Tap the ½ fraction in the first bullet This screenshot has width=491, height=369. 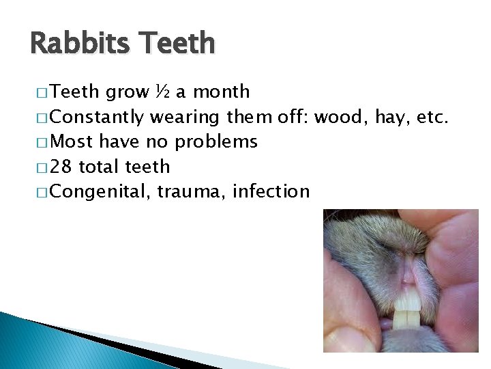[163, 92]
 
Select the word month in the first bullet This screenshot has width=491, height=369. [222, 92]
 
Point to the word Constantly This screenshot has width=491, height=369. [97, 117]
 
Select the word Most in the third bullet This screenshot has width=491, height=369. [72, 141]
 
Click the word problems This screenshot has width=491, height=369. [215, 142]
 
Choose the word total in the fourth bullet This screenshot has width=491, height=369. [102, 167]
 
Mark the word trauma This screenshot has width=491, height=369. [192, 192]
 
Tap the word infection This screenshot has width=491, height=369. [271, 192]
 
